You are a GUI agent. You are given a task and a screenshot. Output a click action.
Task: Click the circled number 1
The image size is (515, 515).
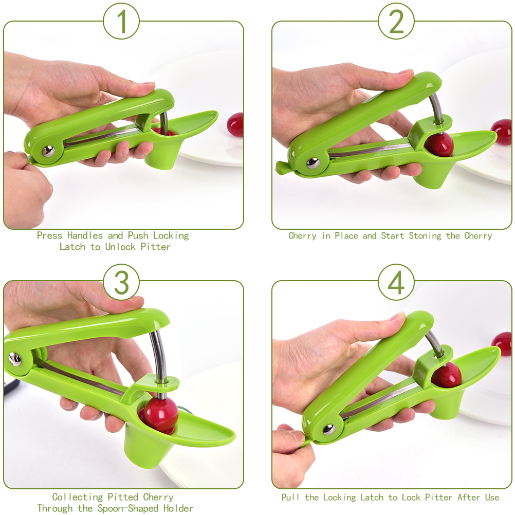tap(121, 22)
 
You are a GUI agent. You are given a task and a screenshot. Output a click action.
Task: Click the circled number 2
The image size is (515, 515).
tap(396, 22)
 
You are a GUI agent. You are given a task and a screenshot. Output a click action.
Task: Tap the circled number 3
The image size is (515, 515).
tap(121, 282)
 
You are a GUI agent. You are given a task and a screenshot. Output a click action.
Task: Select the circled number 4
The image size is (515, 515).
tap(396, 282)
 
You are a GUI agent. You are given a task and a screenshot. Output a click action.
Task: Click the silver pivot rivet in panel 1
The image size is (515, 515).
tap(48, 151)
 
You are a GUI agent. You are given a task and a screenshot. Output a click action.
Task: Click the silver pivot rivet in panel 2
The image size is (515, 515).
tap(312, 163)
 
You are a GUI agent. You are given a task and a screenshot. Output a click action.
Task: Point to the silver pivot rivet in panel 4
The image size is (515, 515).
tap(329, 429)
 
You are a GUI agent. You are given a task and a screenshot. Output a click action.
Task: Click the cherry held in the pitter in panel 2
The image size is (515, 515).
tap(439, 145)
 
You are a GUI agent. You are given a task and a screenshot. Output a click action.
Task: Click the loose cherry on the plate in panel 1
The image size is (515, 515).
tap(235, 124)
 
